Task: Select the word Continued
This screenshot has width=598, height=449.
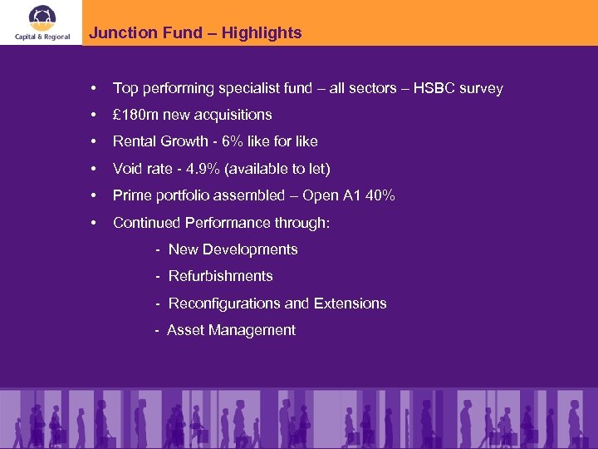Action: click(x=146, y=223)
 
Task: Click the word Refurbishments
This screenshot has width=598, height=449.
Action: click(x=220, y=276)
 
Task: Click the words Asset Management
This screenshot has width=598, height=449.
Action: click(x=231, y=330)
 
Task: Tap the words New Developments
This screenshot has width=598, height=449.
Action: click(x=233, y=249)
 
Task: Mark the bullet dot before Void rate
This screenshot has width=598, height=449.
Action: click(x=96, y=169)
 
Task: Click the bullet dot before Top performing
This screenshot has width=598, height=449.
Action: click(x=96, y=88)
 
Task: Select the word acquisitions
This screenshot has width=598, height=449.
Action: click(x=233, y=115)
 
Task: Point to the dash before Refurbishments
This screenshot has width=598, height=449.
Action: click(x=158, y=276)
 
